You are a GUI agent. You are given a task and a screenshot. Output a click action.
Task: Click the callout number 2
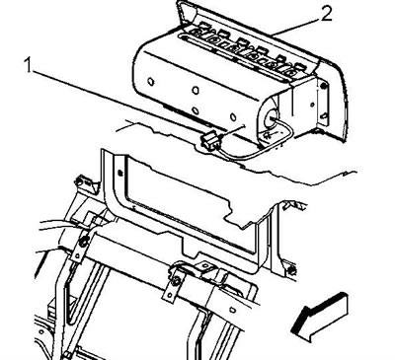pos(326,14)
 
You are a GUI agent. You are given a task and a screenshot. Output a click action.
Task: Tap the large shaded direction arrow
pos(319,317)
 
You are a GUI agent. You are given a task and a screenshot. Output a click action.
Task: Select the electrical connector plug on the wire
pos(209,140)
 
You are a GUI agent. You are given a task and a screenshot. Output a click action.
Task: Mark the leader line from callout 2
pos(295,26)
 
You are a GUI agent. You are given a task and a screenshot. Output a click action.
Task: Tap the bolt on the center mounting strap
pos(176,280)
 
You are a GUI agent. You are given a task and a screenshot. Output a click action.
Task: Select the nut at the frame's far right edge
pos(291,272)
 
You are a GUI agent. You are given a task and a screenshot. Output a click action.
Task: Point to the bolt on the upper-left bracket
pos(79,181)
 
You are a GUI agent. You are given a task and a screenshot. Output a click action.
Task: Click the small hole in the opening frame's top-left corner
pos(120,172)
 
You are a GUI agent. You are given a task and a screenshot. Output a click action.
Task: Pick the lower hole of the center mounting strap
pos(170,297)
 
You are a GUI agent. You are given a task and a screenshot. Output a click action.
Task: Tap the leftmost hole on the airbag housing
pos(151,81)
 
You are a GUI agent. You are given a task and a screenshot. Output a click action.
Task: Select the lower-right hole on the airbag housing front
pos(233,117)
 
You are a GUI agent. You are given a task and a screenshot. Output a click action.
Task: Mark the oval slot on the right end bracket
pos(324,115)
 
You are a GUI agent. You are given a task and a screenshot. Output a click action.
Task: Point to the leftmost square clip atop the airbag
pos(203,24)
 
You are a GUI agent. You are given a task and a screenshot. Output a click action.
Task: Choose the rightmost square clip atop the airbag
pos(299,65)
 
